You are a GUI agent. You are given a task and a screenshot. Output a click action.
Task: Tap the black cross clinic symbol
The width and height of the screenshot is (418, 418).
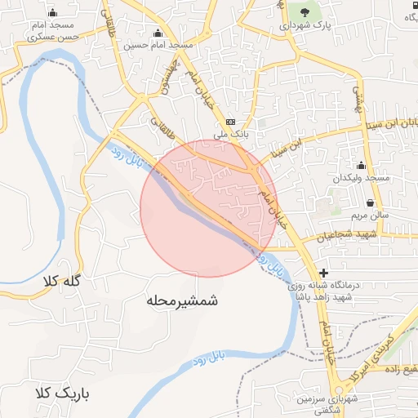[x=324, y=272]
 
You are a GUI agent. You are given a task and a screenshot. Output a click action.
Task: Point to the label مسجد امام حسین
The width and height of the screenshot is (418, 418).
[x=157, y=46]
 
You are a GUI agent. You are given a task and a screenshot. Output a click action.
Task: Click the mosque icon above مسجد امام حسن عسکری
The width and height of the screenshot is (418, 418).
[x=53, y=12]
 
